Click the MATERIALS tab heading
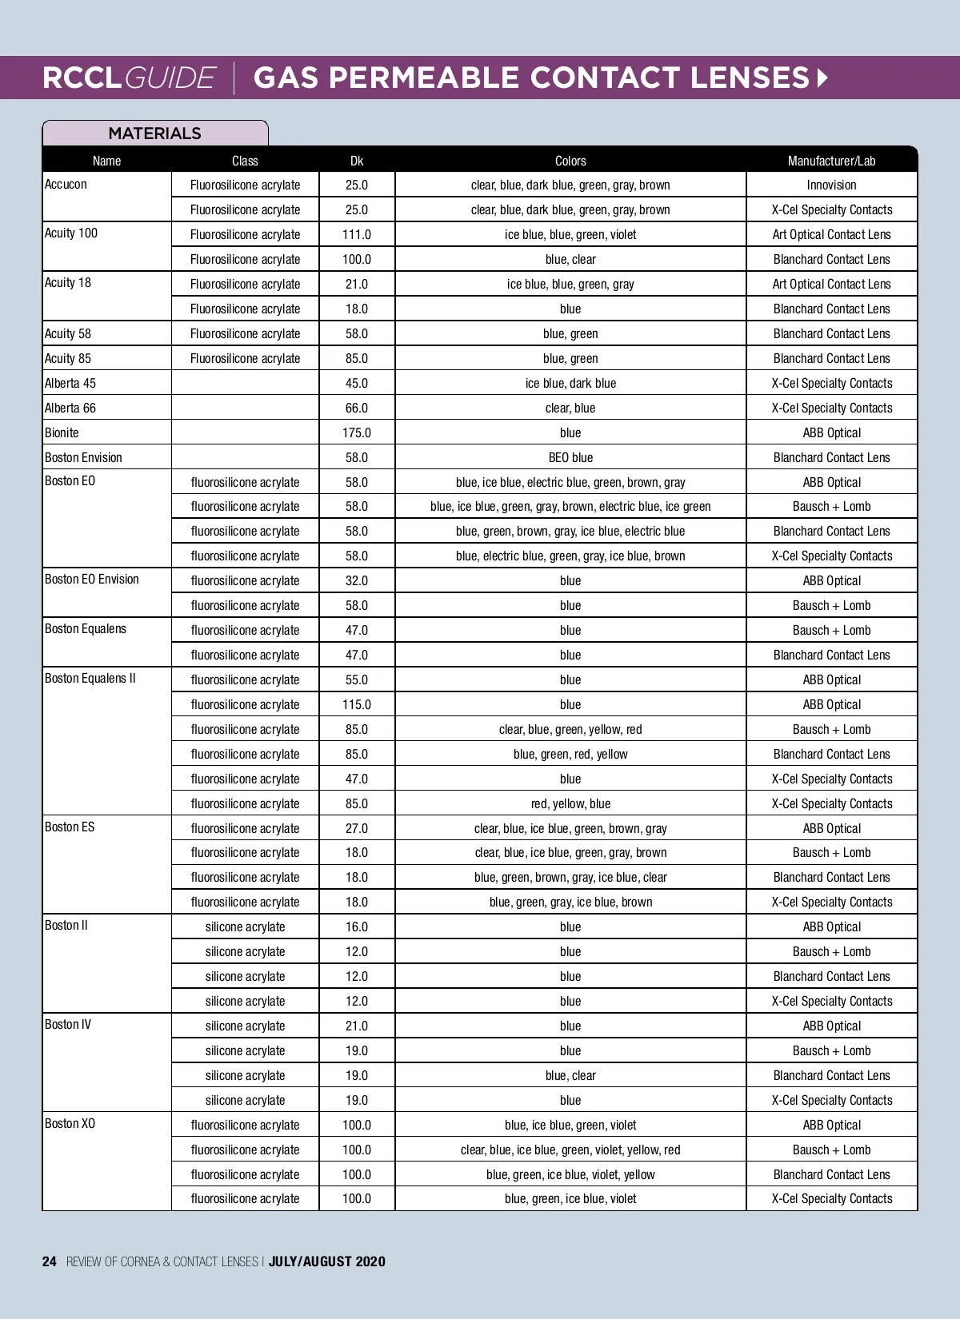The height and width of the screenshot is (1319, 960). coord(154,133)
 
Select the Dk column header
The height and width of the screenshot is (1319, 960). coord(357,161)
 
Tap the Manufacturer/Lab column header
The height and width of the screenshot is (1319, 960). coord(831,161)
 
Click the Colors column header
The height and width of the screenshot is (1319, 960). coord(570,161)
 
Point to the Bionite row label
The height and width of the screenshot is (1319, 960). coord(62,432)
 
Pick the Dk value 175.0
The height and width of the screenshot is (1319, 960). coord(357,432)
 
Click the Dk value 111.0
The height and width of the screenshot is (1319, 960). coord(357,234)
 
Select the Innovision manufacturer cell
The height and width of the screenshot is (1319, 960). coord(831,185)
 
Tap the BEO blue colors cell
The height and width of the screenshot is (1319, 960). coord(570,457)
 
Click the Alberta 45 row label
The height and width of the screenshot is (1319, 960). coord(70,383)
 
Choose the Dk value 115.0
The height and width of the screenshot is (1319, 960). coord(357,704)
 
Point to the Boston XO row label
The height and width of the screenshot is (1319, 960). coord(70,1123)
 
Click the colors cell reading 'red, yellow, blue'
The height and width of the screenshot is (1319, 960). coord(570,803)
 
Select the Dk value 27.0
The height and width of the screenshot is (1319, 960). coord(357,828)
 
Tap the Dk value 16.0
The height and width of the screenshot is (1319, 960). coord(357,926)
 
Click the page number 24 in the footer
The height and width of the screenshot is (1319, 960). coord(50,1261)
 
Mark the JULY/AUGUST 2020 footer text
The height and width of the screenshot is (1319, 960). coord(326,1261)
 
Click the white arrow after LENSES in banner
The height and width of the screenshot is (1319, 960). coord(822,78)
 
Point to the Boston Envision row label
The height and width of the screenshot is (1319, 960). coord(83,457)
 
